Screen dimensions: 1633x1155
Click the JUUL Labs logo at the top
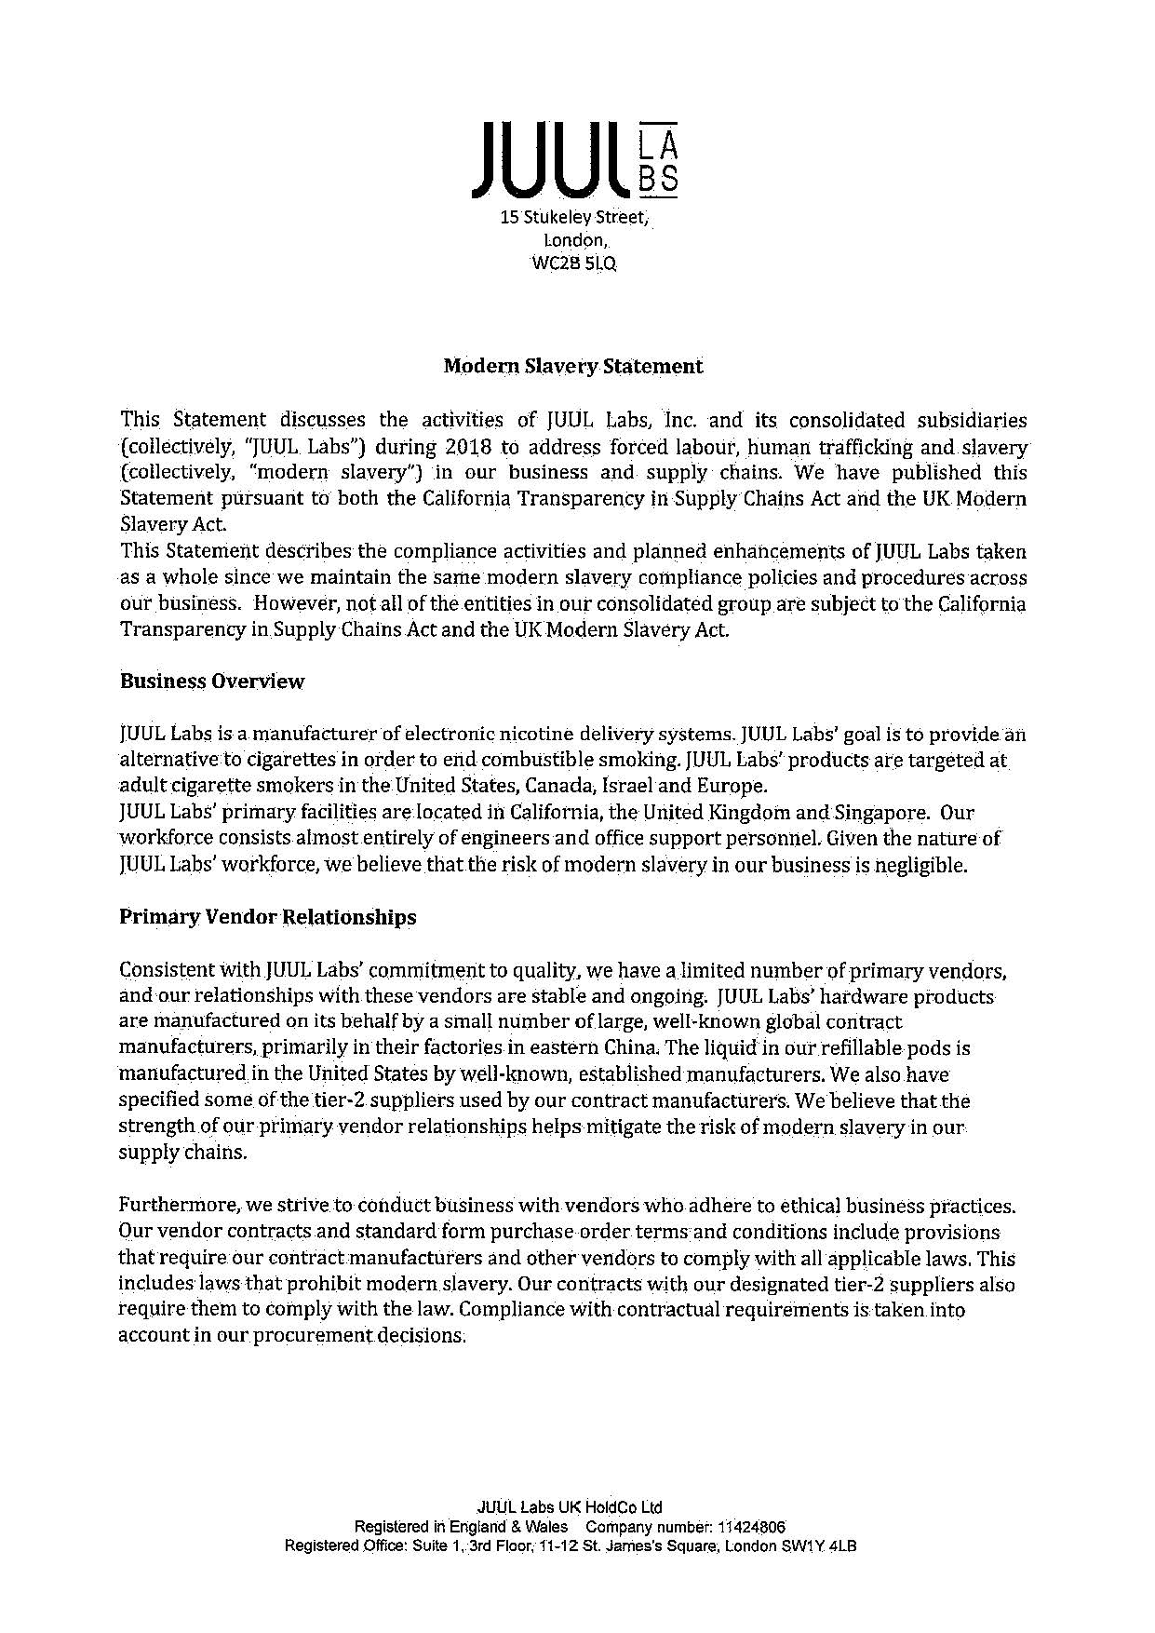coord(575,160)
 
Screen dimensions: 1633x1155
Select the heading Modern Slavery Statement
coord(572,366)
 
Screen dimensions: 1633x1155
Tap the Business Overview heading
coord(211,681)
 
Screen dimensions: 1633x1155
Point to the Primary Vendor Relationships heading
coord(268,917)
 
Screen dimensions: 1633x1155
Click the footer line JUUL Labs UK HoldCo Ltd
coord(569,1507)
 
